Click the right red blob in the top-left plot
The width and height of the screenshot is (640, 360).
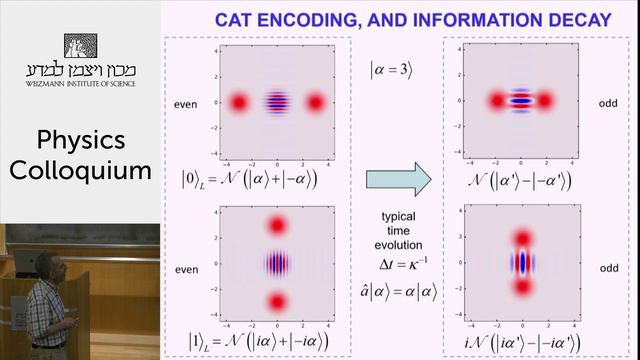pos(317,102)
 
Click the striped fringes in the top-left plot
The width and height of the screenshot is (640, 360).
pos(278,102)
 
